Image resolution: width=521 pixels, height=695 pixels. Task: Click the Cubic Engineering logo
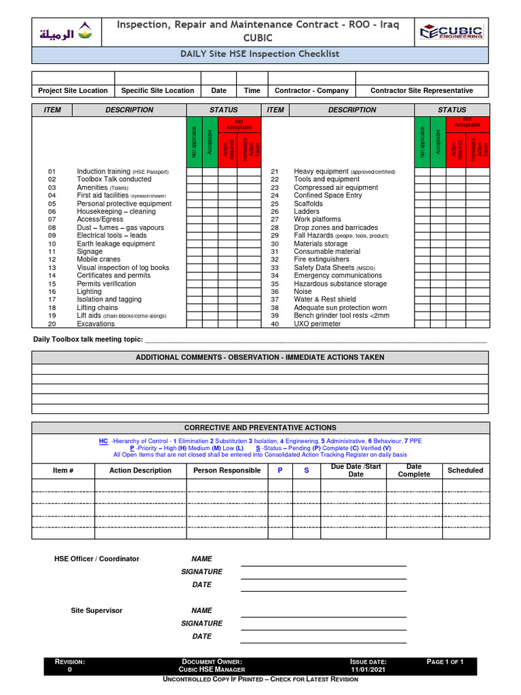[x=451, y=32]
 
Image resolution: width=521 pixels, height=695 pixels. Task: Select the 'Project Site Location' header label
[x=73, y=90]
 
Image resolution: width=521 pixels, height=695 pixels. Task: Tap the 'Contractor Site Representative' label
[x=421, y=90]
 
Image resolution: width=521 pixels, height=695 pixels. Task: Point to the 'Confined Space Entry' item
[x=328, y=195]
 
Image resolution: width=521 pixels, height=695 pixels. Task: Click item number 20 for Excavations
[x=52, y=324]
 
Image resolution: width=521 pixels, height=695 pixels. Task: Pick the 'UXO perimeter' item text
[x=317, y=324]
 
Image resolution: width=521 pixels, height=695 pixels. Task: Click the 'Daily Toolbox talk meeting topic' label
[x=88, y=339]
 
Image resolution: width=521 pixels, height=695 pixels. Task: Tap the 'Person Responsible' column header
[x=227, y=470]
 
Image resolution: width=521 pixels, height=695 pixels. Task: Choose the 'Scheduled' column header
[x=465, y=470]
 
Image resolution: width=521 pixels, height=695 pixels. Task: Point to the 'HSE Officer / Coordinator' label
[x=96, y=559]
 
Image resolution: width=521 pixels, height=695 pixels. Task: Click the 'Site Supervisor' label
[x=97, y=610]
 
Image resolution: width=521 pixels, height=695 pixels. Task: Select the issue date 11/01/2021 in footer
[x=368, y=669]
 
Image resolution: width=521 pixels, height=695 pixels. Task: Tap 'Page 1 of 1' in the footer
[x=445, y=661]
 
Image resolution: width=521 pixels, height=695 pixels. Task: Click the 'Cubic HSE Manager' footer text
[x=212, y=669]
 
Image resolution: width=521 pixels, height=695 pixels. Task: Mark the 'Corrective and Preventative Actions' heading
[x=260, y=428]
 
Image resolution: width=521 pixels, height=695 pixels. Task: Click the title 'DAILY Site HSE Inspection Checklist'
[x=260, y=54]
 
